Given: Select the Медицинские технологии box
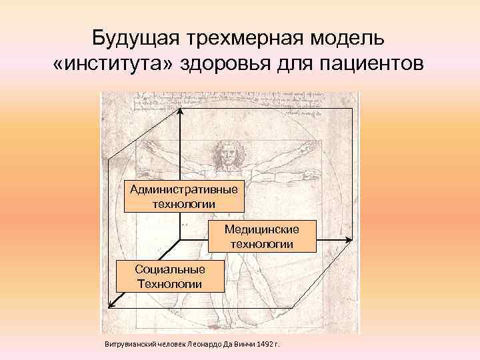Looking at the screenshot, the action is pyautogui.click(x=261, y=237).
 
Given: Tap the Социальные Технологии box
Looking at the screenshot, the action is pyautogui.click(x=169, y=276).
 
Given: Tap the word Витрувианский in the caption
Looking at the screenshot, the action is pyautogui.click(x=129, y=345).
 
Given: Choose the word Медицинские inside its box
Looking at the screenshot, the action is pyautogui.click(x=261, y=229).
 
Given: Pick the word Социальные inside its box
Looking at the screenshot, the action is pyautogui.click(x=169, y=269).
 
